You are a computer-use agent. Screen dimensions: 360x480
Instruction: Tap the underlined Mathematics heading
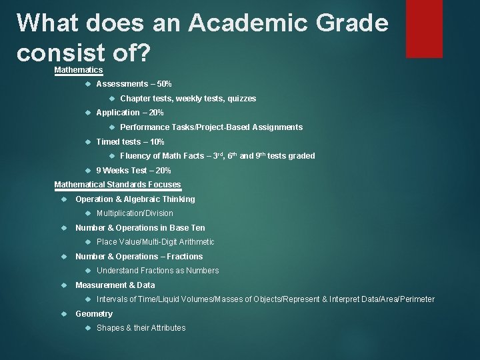[78, 70]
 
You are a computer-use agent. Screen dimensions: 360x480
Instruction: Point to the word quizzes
[241, 99]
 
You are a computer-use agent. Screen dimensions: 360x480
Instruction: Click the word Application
[118, 113]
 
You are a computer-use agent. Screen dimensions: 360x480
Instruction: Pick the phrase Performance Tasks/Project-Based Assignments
[211, 127]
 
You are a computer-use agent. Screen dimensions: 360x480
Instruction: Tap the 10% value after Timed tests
[156, 142]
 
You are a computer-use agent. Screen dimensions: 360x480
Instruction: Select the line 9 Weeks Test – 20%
[133, 171]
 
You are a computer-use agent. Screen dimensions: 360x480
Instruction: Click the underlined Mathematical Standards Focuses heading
[117, 185]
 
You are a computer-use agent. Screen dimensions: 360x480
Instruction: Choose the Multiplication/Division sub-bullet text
[135, 213]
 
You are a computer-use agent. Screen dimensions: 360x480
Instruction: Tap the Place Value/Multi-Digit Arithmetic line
[155, 242]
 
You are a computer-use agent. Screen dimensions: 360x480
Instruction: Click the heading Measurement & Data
[115, 285]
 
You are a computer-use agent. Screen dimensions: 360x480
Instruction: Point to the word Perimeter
[417, 299]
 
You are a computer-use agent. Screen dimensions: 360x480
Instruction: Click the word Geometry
[94, 314]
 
